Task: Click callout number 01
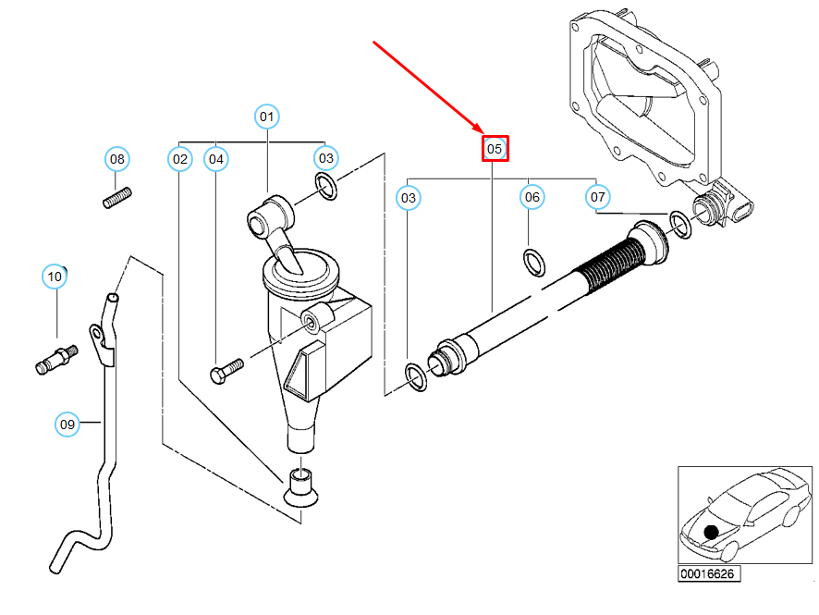(267, 116)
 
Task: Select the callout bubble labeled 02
(180, 159)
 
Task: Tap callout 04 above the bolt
(216, 159)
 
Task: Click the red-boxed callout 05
(495, 149)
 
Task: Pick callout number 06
(532, 197)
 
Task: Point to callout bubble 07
(597, 197)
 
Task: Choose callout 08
(117, 159)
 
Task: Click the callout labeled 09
(67, 424)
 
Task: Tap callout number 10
(55, 277)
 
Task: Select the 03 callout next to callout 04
(326, 158)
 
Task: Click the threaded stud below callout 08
(117, 198)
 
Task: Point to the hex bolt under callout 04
(226, 371)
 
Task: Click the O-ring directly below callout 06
(534, 263)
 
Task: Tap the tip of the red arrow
(483, 132)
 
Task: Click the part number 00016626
(708, 573)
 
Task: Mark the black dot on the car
(711, 533)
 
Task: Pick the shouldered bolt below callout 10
(57, 360)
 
